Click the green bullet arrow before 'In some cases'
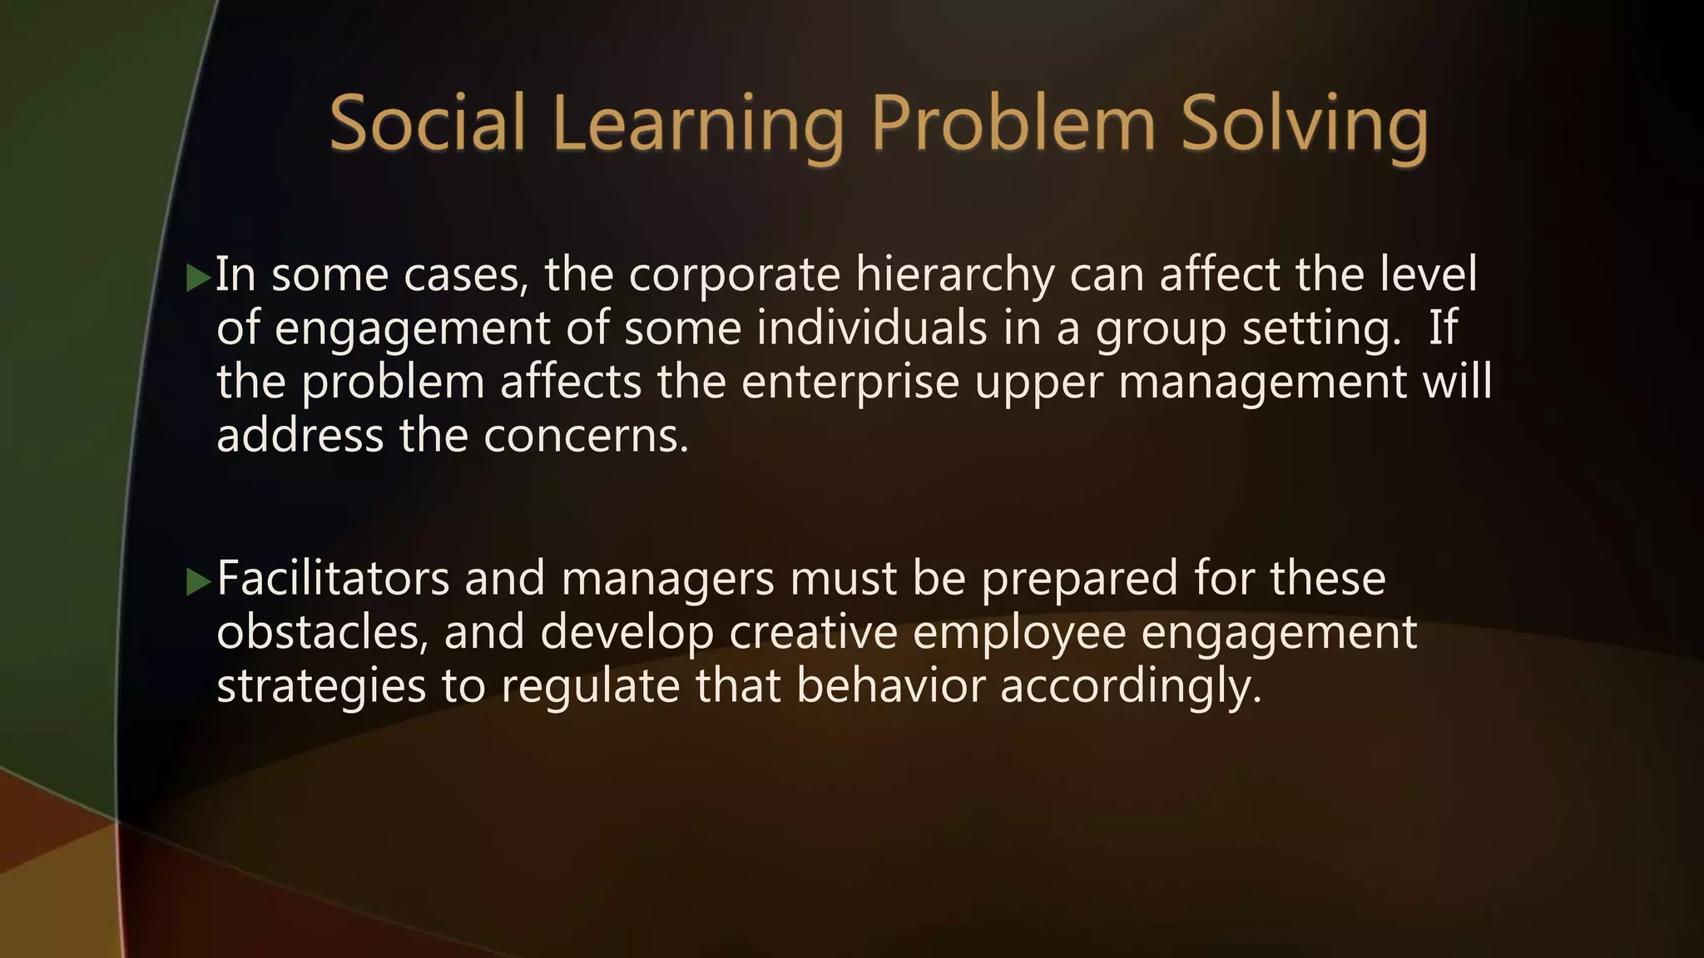tap(198, 278)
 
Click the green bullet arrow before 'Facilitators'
tap(198, 582)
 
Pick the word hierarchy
tap(954, 276)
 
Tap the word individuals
tap(871, 328)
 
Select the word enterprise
tap(850, 383)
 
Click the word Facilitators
tap(333, 578)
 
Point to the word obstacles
tap(323, 632)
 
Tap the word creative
tap(813, 632)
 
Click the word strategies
tap(321, 687)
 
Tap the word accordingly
tap(1131, 687)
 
